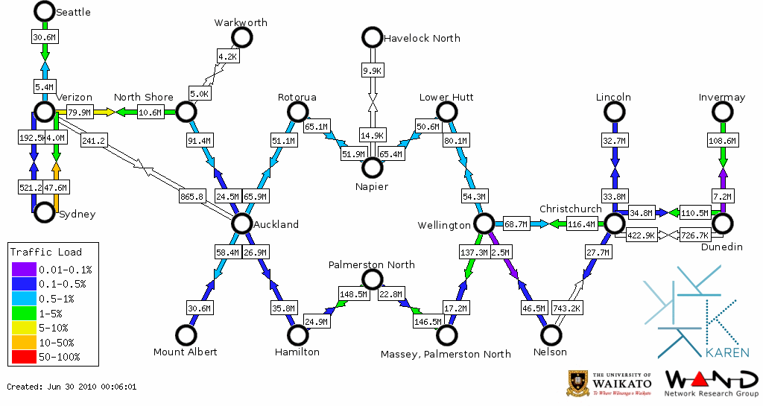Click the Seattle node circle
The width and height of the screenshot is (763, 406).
click(44, 11)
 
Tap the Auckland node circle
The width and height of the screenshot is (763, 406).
click(241, 223)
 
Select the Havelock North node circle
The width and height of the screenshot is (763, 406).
click(371, 37)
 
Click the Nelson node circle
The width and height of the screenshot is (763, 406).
click(551, 335)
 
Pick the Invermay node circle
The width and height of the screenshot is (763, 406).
click(722, 112)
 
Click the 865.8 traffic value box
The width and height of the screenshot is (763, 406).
click(192, 197)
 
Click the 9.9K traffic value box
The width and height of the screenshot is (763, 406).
click(372, 71)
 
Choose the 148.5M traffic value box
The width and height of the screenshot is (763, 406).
click(354, 294)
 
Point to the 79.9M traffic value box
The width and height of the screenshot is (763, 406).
click(79, 112)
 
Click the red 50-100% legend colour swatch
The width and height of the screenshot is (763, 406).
click(22, 357)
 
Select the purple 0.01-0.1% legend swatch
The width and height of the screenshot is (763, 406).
click(22, 270)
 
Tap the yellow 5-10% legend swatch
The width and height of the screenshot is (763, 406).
click(22, 328)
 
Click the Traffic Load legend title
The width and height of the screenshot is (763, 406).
click(45, 252)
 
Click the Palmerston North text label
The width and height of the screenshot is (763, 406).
click(372, 264)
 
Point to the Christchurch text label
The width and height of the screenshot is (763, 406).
click(570, 209)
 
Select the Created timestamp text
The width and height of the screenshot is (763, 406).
click(72, 387)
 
